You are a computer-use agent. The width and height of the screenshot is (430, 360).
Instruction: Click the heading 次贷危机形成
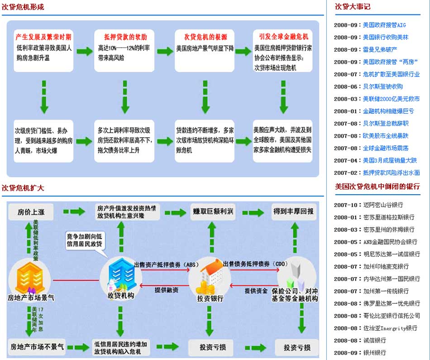pos(23,7)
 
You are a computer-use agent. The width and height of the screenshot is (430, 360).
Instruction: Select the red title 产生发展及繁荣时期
pos(43,37)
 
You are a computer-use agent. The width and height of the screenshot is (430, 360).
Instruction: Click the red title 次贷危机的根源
pos(205,37)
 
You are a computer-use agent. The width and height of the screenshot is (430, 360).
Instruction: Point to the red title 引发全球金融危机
pos(283,37)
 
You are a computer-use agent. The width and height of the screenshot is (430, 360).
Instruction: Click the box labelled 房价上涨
pos(30,211)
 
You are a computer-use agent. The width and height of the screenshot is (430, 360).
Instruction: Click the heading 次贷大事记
pos(353,7)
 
